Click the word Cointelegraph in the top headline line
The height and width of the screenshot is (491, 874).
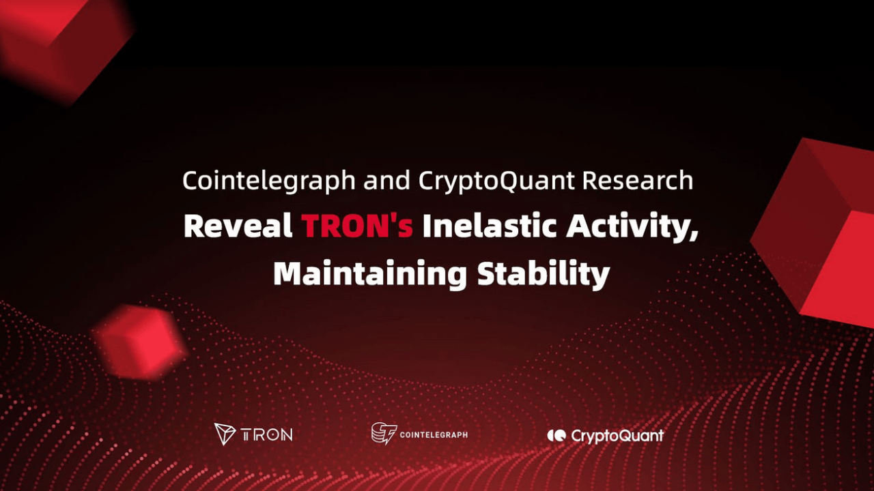pyautogui.click(x=268, y=181)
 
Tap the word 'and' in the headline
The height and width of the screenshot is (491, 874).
pyautogui.click(x=386, y=181)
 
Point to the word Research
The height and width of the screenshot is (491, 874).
pyautogui.click(x=638, y=181)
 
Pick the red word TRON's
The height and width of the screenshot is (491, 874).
pyautogui.click(x=357, y=226)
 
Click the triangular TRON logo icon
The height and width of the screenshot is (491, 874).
pyautogui.click(x=225, y=434)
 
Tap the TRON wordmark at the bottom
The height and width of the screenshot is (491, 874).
pyautogui.click(x=267, y=434)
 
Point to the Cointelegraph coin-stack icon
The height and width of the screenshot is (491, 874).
pyautogui.click(x=384, y=433)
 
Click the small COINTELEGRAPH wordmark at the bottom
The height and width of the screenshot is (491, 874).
pyautogui.click(x=434, y=434)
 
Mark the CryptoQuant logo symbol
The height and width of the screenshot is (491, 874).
pyautogui.click(x=556, y=435)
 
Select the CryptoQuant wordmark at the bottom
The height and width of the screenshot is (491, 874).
pyautogui.click(x=617, y=435)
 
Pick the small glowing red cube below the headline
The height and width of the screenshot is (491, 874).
pyautogui.click(x=140, y=341)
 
